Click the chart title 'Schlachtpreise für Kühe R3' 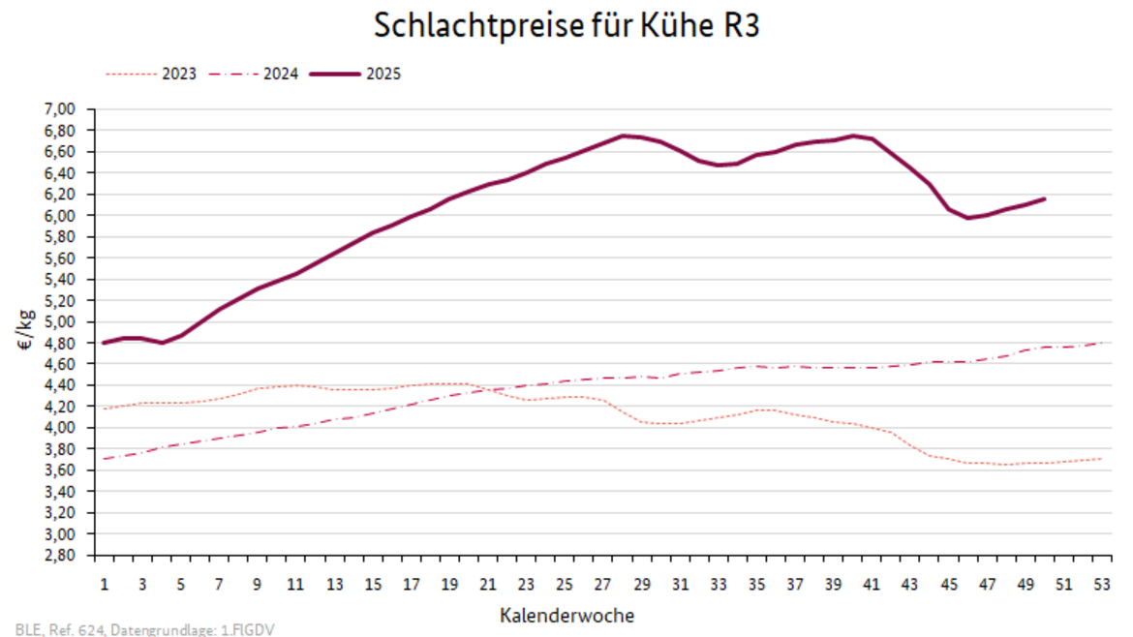click(566, 26)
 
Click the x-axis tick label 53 click(1102, 585)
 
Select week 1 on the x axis click(104, 585)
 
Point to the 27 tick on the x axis click(602, 585)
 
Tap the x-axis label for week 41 click(872, 585)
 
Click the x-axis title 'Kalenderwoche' click(567, 615)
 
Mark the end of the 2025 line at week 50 click(1045, 198)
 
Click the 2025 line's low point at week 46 click(967, 218)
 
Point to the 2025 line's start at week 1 click(104, 343)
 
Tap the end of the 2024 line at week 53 click(1102, 343)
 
